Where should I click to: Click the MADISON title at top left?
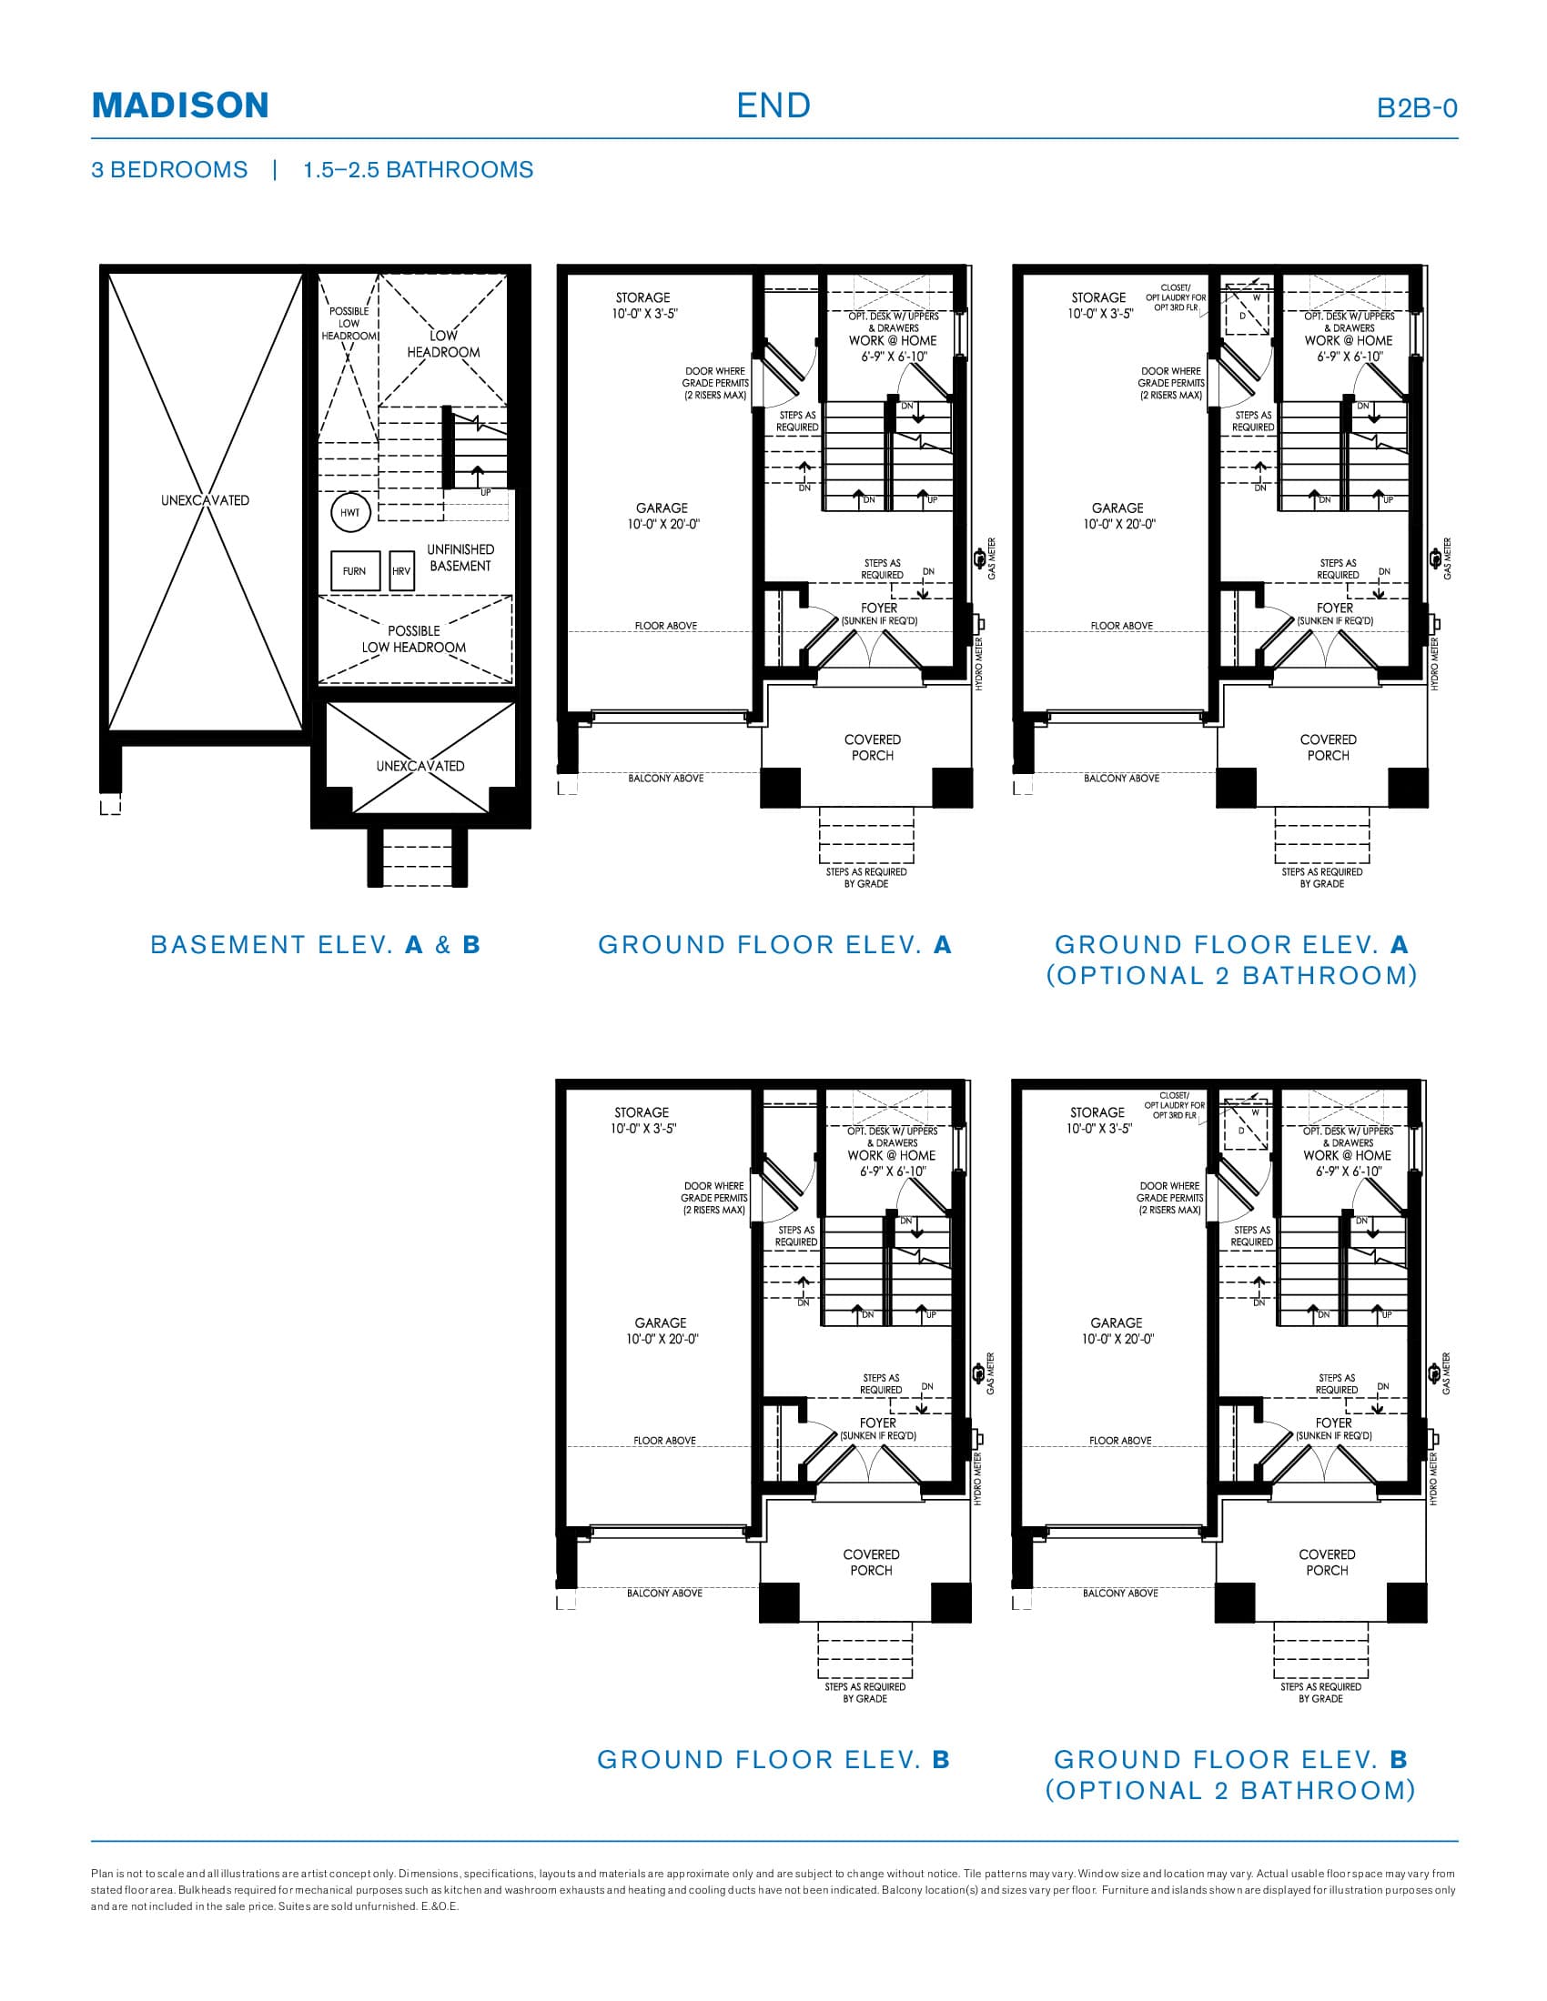179,106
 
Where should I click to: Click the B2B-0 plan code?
1416,108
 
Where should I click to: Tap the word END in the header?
773,106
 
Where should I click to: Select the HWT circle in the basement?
350,513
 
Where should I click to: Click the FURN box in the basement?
354,571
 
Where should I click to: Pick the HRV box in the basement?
401,571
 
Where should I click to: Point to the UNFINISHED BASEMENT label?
460,557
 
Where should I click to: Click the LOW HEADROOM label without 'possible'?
443,344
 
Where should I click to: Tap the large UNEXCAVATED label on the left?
206,500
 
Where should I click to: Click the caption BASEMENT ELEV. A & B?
315,945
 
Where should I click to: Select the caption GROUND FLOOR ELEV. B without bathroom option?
773,1759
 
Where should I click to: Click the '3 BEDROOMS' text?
169,169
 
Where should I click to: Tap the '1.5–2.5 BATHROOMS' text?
418,169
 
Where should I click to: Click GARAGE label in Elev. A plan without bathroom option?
662,516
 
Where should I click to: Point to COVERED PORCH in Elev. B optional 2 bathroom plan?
1326,1562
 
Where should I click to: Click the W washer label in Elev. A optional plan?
1257,297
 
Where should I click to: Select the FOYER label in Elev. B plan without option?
878,1423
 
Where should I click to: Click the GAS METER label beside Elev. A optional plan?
1447,558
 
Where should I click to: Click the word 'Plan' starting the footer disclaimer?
102,1874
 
